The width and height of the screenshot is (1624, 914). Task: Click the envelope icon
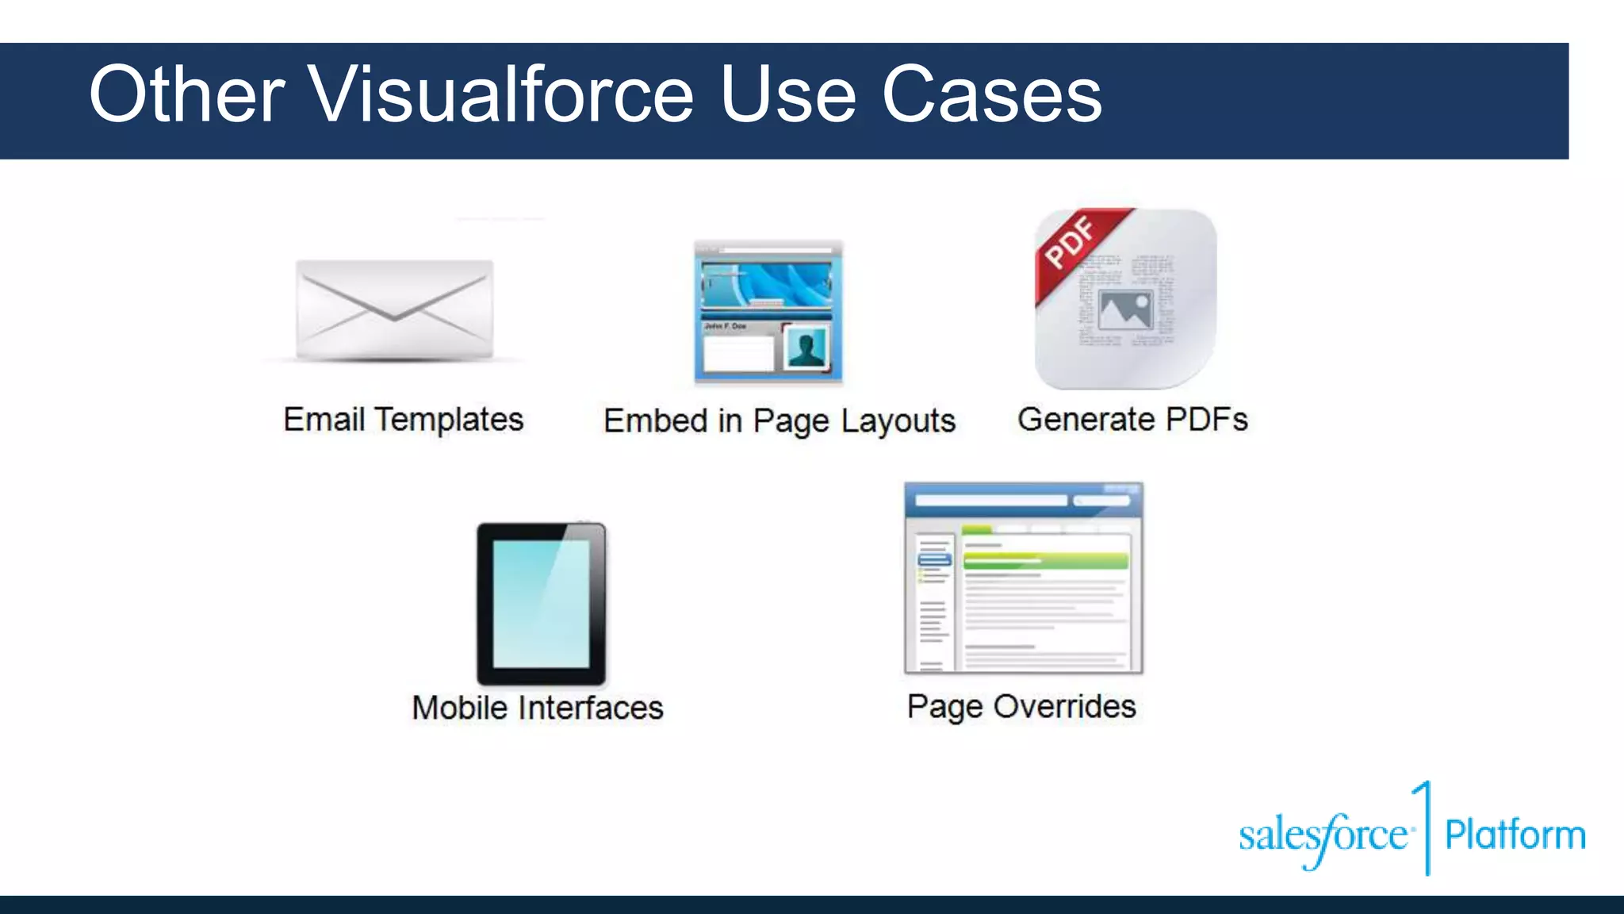point(394,309)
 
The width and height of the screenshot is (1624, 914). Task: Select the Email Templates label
point(403,419)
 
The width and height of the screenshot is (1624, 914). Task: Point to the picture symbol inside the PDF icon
point(1124,309)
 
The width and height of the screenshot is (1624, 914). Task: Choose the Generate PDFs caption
point(1132,419)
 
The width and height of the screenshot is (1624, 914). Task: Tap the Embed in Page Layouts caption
point(779,421)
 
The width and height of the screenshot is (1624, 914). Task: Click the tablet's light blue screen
point(541,603)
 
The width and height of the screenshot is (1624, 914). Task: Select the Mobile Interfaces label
point(537,707)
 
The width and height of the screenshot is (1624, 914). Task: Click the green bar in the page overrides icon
point(1045,561)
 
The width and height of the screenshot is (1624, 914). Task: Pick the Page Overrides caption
point(1021,706)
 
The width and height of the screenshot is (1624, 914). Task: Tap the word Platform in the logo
point(1515,835)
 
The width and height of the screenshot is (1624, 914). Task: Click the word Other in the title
point(186,95)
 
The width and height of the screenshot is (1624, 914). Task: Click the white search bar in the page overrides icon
point(991,501)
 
